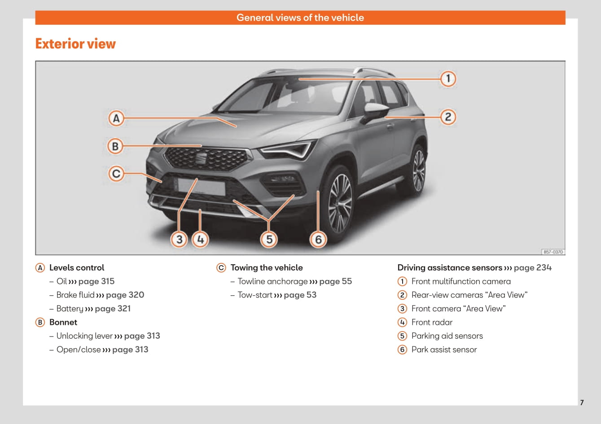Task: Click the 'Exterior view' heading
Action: pyautogui.click(x=75, y=44)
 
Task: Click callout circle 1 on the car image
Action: pyautogui.click(x=447, y=79)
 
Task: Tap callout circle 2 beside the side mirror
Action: pyautogui.click(x=447, y=117)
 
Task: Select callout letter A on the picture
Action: pyautogui.click(x=116, y=118)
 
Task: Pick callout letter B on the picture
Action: pyautogui.click(x=115, y=146)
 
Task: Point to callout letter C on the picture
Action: pyautogui.click(x=116, y=173)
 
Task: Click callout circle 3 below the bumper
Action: pyautogui.click(x=179, y=239)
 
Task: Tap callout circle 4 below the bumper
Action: pyautogui.click(x=200, y=239)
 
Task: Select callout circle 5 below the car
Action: pyautogui.click(x=269, y=239)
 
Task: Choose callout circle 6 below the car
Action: pyautogui.click(x=318, y=239)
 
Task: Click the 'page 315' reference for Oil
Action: pyautogui.click(x=96, y=281)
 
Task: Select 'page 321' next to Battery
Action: pyautogui.click(x=113, y=309)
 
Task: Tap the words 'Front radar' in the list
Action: pyautogui.click(x=432, y=322)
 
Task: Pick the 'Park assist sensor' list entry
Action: pyautogui.click(x=444, y=350)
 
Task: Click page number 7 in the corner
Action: pyautogui.click(x=582, y=402)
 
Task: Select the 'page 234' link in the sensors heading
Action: pyautogui.click(x=533, y=268)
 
